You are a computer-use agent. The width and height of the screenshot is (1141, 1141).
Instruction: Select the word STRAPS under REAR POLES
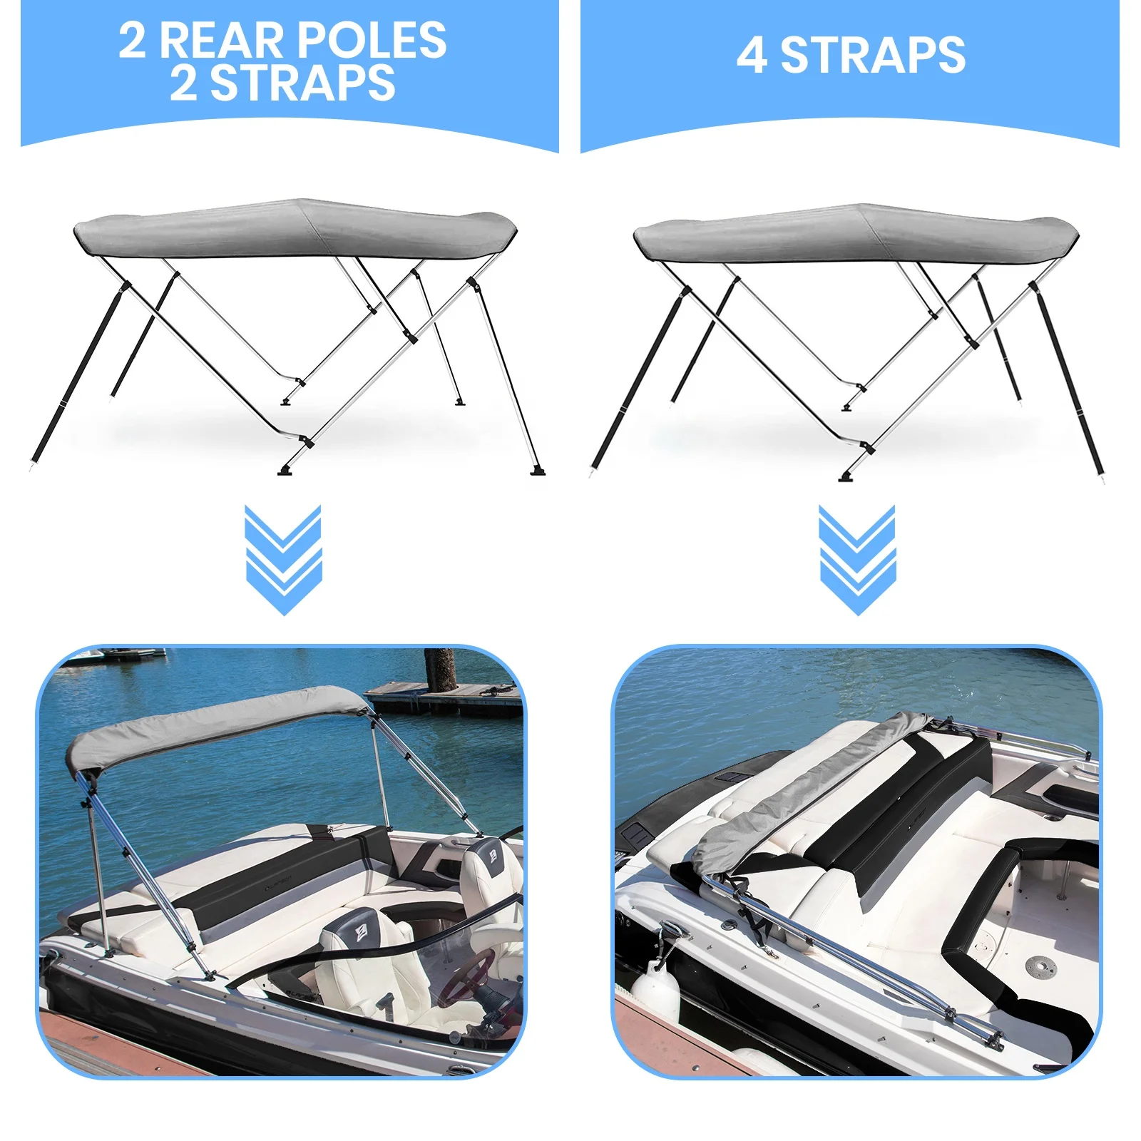(302, 83)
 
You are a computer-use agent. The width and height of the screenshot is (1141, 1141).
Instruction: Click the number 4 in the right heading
(752, 56)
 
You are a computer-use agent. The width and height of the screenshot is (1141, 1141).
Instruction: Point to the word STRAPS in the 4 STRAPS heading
(873, 56)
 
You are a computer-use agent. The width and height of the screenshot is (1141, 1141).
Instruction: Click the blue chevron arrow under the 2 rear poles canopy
(283, 560)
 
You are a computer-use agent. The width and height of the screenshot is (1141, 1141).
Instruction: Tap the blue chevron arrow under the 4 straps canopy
(857, 560)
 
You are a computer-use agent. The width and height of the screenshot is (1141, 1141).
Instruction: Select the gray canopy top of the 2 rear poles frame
(295, 228)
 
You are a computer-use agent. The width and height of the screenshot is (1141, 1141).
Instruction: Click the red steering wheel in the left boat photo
(468, 977)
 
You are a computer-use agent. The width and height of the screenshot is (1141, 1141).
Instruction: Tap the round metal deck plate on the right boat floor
(1040, 967)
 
